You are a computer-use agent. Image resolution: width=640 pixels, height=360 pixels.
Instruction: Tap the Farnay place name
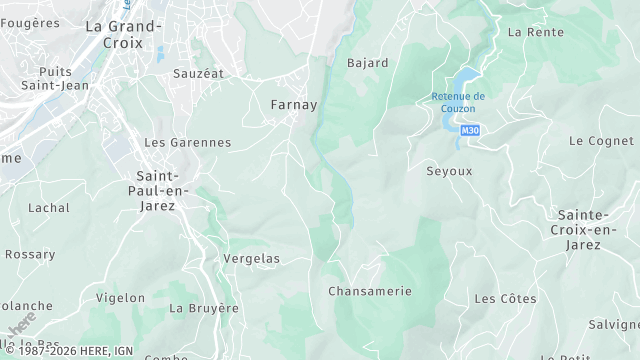[x=294, y=104]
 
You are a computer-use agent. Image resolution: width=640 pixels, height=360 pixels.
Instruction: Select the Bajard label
[x=367, y=63]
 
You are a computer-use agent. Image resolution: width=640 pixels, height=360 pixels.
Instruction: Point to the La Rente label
[x=529, y=32]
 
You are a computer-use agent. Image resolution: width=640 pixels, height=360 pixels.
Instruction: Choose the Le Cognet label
[x=601, y=141]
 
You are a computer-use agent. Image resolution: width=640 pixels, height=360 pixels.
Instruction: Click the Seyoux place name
[x=449, y=171]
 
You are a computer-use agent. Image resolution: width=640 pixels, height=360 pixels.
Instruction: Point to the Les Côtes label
[x=505, y=299]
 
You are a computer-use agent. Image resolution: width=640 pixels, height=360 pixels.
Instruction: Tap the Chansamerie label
[x=370, y=291]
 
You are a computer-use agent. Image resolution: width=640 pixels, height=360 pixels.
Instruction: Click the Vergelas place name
[x=251, y=259]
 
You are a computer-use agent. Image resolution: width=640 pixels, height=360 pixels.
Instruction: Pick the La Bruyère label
[x=204, y=308]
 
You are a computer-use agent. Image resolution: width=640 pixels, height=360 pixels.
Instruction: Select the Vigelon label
[x=120, y=298]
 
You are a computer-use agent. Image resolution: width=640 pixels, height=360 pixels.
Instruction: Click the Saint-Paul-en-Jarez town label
[x=155, y=191]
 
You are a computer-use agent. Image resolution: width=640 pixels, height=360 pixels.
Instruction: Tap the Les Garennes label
[x=187, y=143]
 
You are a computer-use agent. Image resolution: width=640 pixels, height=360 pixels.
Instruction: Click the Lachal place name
[x=49, y=208]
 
